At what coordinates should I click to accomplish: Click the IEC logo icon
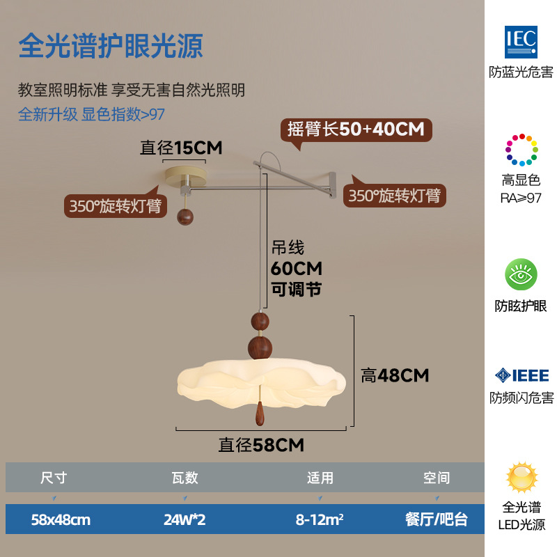pyautogui.click(x=521, y=40)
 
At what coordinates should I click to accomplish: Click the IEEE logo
pyautogui.click(x=521, y=376)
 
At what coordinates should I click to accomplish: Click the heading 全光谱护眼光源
pyautogui.click(x=110, y=45)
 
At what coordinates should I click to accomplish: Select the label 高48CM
pyautogui.click(x=395, y=375)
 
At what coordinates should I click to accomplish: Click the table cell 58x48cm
pyautogui.click(x=61, y=519)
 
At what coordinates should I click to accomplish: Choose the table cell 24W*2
pyautogui.click(x=185, y=519)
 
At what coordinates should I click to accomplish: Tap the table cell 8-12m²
pyautogui.click(x=320, y=519)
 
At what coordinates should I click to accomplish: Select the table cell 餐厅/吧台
pyautogui.click(x=437, y=519)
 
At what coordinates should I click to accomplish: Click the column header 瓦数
pyautogui.click(x=185, y=478)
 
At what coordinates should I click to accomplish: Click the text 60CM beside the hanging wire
pyautogui.click(x=296, y=269)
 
